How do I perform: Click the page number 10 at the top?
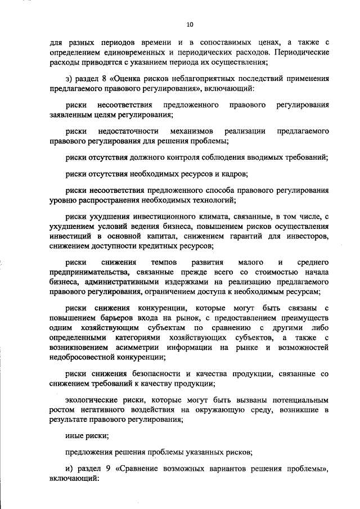pyautogui.click(x=190, y=24)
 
